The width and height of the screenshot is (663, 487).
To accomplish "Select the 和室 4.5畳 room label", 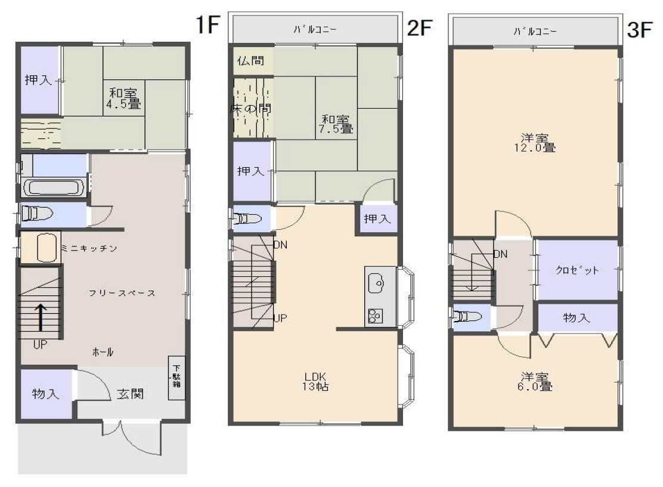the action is coord(123,98).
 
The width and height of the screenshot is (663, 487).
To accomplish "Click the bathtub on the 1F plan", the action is coord(54,188).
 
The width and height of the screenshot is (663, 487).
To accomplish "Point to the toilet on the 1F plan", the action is coord(37,213).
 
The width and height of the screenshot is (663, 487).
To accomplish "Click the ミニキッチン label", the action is coord(89,248).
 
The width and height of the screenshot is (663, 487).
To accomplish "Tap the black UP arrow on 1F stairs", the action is coord(41,317).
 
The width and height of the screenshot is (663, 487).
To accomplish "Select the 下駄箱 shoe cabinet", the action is coord(176,377).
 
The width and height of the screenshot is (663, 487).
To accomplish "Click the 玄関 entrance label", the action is coord(130,394).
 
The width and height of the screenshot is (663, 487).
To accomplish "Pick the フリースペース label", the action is coord(122,293).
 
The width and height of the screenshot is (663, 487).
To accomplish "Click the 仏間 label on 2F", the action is coord(250,60).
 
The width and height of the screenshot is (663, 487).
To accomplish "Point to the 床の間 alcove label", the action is coord(250,108).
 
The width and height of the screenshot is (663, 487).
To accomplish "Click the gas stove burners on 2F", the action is coord(374,316).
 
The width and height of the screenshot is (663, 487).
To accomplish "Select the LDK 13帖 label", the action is coord(315,381).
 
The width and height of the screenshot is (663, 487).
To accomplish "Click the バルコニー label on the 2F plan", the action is coord(315,30).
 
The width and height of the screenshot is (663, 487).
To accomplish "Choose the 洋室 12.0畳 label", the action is coord(535,143).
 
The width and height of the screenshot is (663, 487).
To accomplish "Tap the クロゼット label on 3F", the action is coord(577,270).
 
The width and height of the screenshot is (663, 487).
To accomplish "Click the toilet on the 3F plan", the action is coord(467,316).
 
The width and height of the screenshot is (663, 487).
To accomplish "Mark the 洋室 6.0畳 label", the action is coord(535,381).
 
